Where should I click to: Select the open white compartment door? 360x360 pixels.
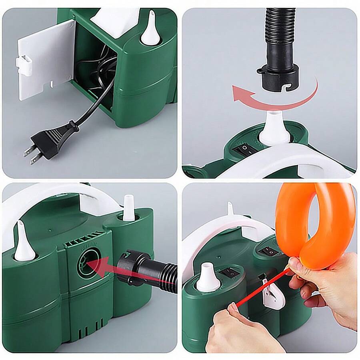pyautogui.click(x=46, y=60)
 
